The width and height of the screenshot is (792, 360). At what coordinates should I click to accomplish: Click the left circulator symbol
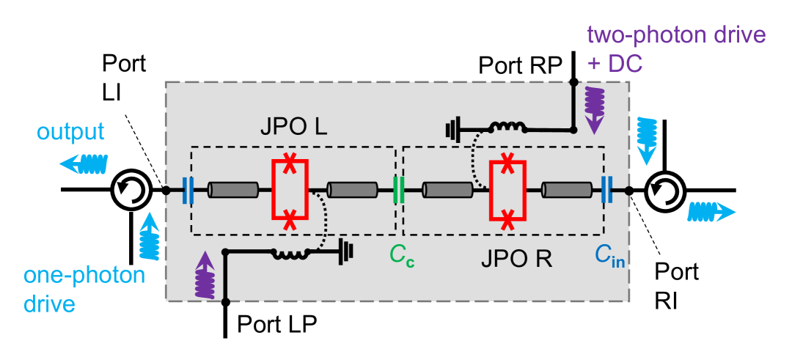131,191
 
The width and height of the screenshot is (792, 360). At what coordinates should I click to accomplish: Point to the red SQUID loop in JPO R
507,191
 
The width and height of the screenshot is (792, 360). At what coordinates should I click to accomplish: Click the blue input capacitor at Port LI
187,191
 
